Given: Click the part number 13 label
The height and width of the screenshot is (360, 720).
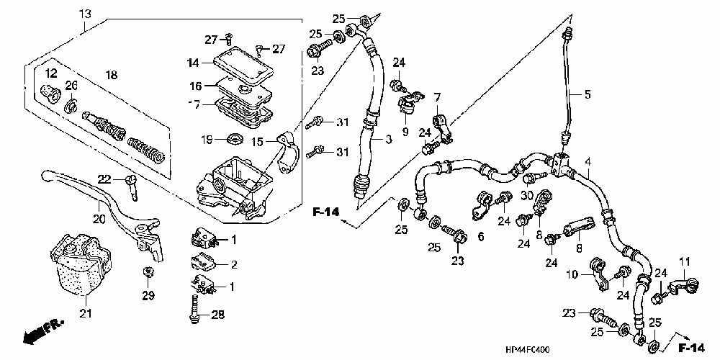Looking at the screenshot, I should [85, 14].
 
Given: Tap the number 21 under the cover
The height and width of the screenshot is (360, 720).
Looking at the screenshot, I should [86, 312].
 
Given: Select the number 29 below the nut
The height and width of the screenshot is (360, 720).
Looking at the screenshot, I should [148, 297].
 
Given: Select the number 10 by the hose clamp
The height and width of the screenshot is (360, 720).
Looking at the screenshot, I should [571, 275].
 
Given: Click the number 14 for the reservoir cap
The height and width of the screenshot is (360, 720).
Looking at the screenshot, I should [192, 63].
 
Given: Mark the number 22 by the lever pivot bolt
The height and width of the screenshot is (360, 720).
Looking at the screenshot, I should [104, 179].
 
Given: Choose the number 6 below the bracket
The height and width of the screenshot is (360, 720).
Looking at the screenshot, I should [480, 235].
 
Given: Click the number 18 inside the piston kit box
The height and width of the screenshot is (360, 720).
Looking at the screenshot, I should [111, 75].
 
